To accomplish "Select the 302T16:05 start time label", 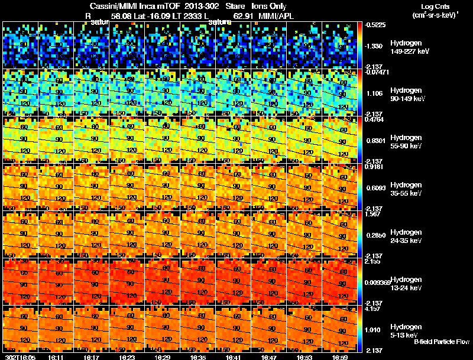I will tap(20, 357).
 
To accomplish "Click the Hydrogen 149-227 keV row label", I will tap(406, 47).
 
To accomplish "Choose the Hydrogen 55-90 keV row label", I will tap(406, 142).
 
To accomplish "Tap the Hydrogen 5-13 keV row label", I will tap(404, 330).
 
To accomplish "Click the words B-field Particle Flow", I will tap(441, 341).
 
